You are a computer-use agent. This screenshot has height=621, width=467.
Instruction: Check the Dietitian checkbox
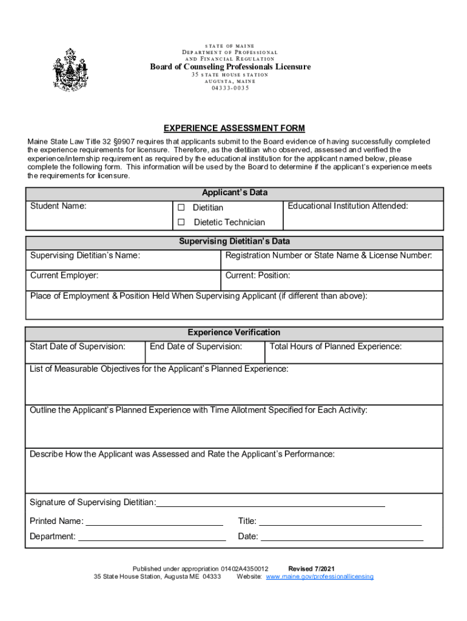point(181,207)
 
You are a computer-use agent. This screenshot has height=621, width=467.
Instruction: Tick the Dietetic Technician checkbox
point(181,222)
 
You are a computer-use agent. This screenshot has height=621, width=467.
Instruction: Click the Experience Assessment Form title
point(234,128)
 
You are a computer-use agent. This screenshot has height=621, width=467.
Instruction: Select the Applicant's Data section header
point(234,193)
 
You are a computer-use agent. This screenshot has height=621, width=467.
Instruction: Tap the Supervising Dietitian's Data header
point(234,241)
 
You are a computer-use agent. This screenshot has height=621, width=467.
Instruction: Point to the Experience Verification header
point(234,332)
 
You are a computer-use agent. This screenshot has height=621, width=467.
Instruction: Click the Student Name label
point(58,206)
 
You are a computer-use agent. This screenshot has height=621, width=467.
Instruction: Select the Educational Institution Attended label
point(348,206)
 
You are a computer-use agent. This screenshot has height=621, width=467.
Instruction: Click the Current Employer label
point(64,275)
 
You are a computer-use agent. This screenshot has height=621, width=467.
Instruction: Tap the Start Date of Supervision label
point(78,347)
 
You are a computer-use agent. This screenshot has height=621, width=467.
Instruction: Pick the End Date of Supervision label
point(196,347)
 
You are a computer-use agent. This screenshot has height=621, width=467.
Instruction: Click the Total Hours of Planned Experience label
point(335,347)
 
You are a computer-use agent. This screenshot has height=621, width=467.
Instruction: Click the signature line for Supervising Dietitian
point(270,503)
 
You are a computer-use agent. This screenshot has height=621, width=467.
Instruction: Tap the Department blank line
point(152,537)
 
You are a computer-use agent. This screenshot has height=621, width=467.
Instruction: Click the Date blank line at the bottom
point(341,537)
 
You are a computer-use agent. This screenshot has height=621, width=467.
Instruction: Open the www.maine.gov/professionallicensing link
point(320,577)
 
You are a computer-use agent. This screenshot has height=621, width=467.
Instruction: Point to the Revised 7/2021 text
point(311,569)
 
